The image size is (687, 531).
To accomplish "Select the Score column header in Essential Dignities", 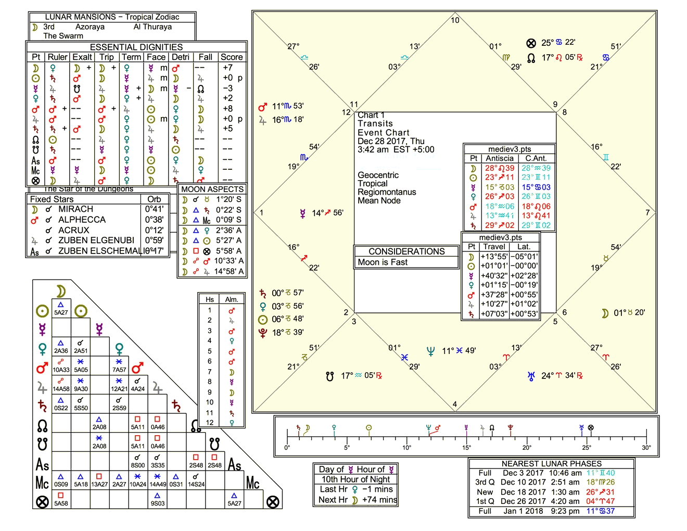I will pos(232,57).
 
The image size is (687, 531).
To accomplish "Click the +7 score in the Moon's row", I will pos(227,68).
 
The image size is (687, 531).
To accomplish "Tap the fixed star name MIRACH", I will pos(75,209).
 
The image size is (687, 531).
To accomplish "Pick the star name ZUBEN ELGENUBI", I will pos(96,241).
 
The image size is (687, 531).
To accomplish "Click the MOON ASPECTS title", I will pos(212,189).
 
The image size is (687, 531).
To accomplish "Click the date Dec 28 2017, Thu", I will pos(391,141).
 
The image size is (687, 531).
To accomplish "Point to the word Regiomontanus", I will pos(387,192).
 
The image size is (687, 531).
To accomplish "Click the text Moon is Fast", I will pos(383,262).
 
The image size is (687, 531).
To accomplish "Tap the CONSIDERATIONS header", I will pos(406,251).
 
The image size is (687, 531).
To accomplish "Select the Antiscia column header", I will pos(500,158).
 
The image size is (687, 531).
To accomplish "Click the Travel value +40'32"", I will pos(494,276).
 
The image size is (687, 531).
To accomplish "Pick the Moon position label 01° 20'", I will pos(629,313).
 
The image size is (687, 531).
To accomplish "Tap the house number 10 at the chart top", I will pos(455,20).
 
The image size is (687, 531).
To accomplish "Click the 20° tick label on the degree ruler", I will pos(527,448).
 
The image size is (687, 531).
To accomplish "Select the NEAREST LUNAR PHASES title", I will pos(551,464).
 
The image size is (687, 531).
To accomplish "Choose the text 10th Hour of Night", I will pos(355,479).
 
